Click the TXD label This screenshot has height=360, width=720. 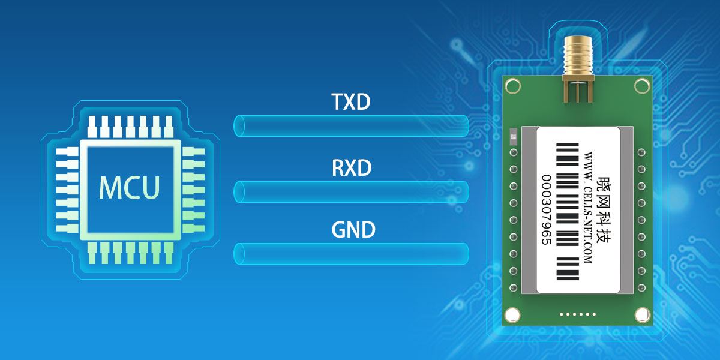(x=351, y=103)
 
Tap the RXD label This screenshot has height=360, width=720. (x=352, y=168)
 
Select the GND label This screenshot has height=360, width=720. (x=353, y=230)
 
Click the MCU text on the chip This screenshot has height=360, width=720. (x=130, y=187)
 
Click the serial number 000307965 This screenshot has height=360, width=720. (x=547, y=210)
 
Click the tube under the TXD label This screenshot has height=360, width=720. (x=351, y=126)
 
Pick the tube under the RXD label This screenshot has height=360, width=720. (x=351, y=191)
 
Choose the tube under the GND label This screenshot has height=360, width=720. (x=351, y=253)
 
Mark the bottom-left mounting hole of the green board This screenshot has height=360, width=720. (x=512, y=314)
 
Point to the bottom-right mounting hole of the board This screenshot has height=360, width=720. (x=643, y=314)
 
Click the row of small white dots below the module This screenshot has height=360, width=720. (x=577, y=314)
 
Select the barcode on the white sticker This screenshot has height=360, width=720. (x=567, y=211)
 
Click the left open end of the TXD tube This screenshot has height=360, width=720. (x=238, y=126)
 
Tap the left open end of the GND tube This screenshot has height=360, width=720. (x=238, y=253)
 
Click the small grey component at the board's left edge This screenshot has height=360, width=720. (x=512, y=136)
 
